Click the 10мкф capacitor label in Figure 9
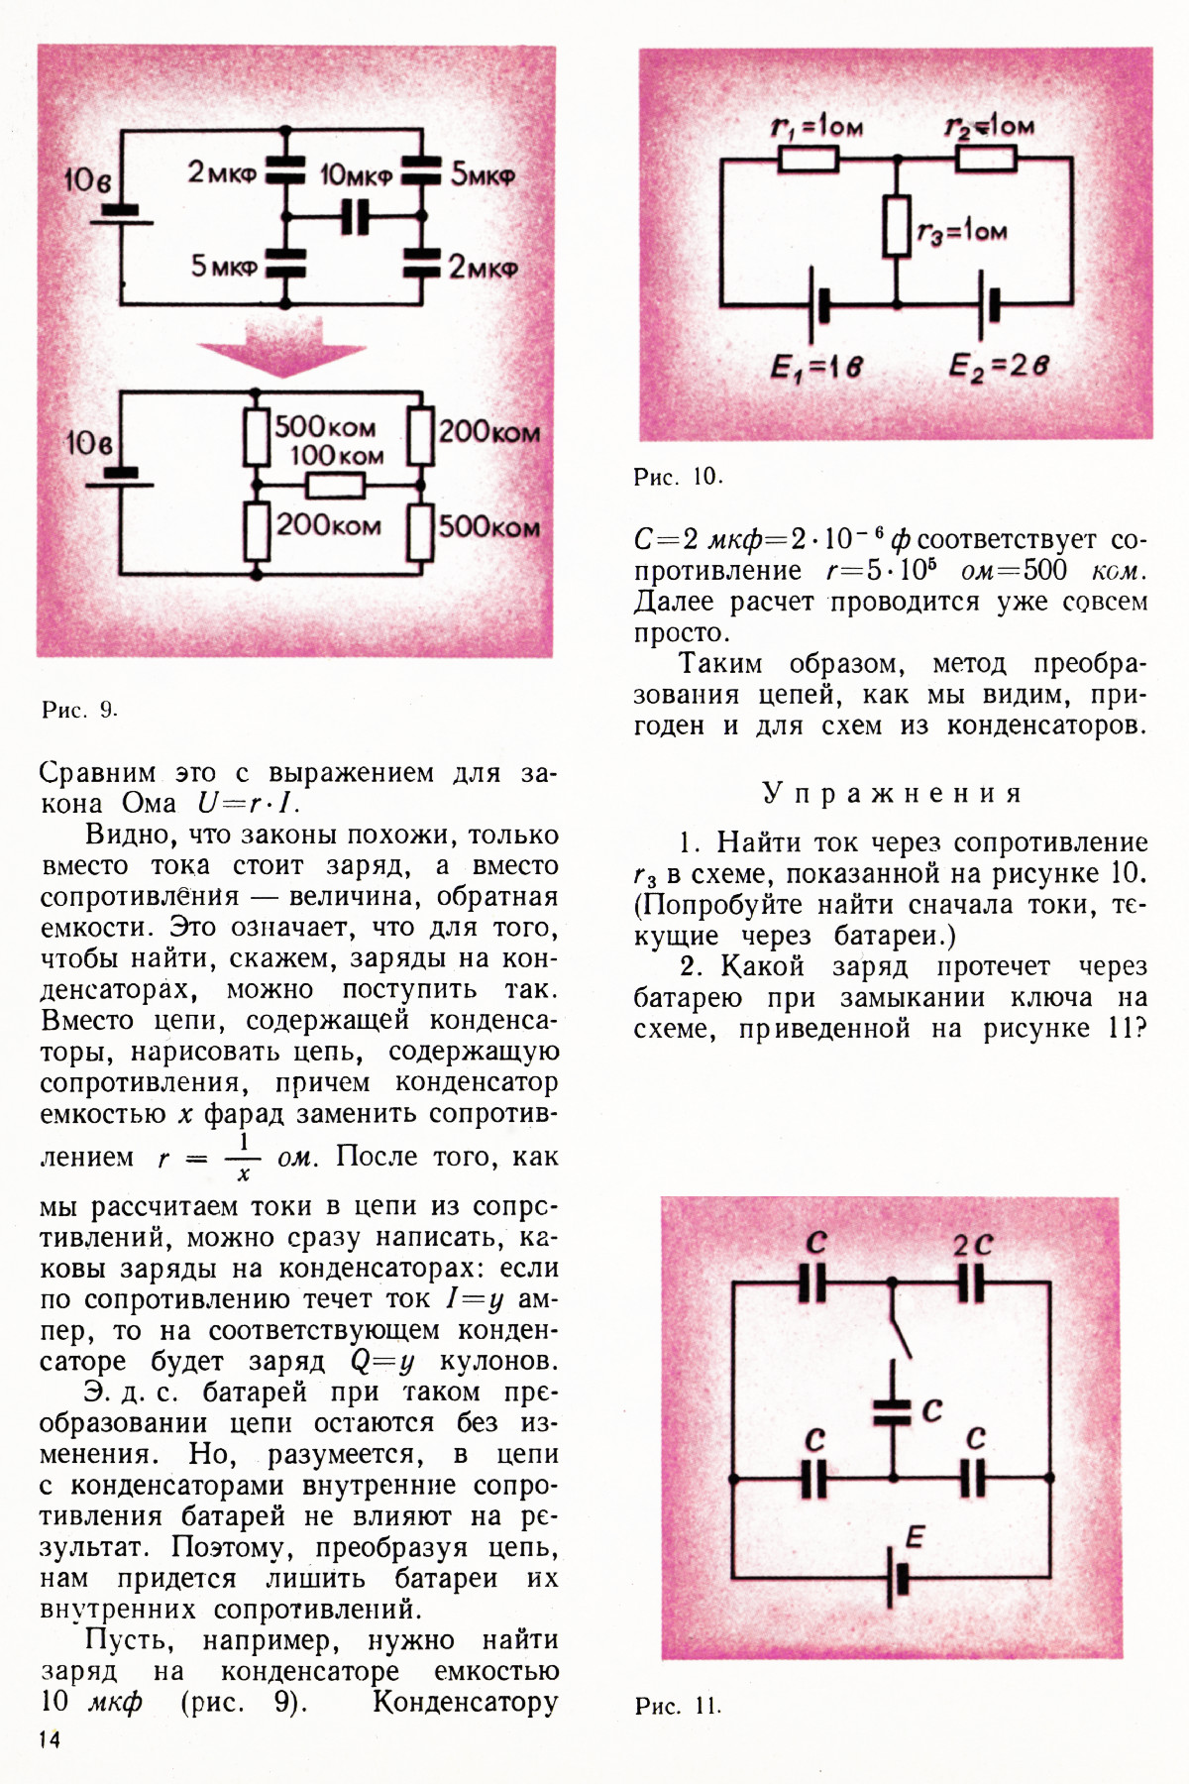[356, 175]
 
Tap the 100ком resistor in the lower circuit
[336, 486]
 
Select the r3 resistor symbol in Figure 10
[897, 226]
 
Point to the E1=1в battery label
[816, 368]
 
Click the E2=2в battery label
[998, 367]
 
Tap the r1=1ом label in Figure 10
[816, 126]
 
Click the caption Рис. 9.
[79, 710]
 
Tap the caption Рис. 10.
[678, 477]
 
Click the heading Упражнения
[891, 793]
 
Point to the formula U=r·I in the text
[249, 804]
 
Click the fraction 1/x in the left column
[244, 1157]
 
